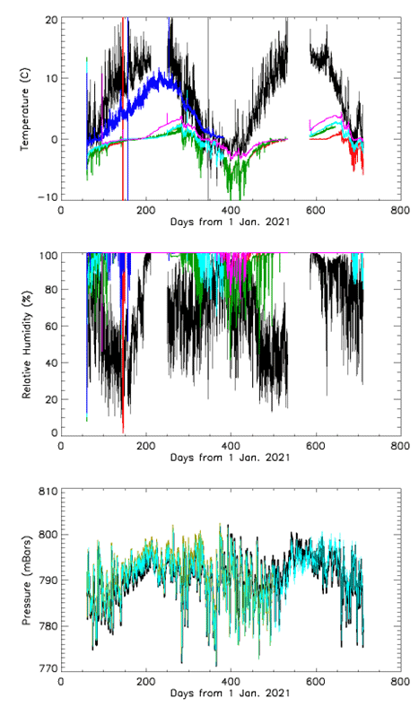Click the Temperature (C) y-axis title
[x=27, y=108]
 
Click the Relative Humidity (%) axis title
[x=27, y=344]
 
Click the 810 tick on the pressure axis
[x=45, y=492]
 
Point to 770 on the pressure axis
[x=45, y=668]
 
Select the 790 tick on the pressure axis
[x=45, y=580]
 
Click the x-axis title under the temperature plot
[x=230, y=222]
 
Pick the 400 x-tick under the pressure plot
[x=230, y=682]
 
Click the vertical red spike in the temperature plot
[x=123, y=108]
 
